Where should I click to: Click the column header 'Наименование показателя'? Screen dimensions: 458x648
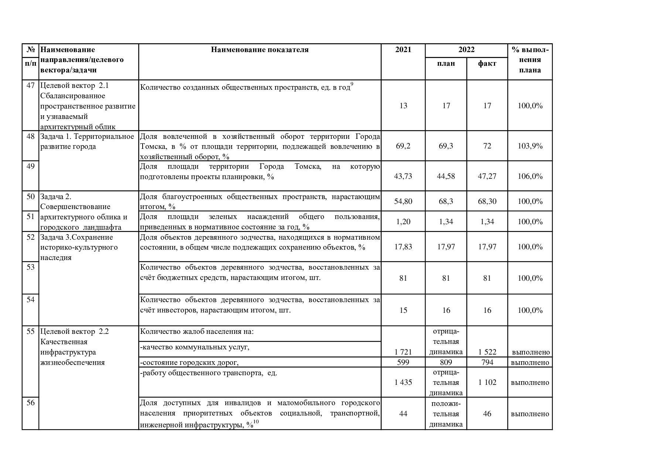[260, 50]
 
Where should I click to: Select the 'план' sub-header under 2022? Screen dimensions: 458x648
[446, 64]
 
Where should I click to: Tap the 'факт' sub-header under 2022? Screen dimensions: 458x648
[487, 64]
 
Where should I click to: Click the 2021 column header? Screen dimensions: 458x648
[403, 50]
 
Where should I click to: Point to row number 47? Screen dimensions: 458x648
[31, 86]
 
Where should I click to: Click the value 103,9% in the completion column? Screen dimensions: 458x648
[530, 146]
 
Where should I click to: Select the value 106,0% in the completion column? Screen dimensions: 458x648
[530, 176]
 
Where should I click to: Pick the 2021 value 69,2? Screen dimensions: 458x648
[403, 146]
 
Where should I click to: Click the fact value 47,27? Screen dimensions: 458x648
[487, 176]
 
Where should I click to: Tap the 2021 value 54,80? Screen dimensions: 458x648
[403, 201]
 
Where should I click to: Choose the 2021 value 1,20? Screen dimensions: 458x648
[403, 222]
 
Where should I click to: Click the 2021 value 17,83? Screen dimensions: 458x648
[403, 247]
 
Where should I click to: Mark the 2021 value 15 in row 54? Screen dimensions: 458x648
[403, 310]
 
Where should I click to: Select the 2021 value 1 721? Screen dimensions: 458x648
[403, 352]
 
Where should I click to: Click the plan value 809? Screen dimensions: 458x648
[446, 362]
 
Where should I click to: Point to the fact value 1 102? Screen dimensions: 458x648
[487, 382]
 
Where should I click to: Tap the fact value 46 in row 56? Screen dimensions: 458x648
[487, 414]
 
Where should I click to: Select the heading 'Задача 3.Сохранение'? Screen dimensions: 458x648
[76, 237]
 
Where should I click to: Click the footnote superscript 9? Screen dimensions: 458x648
[352, 85]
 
